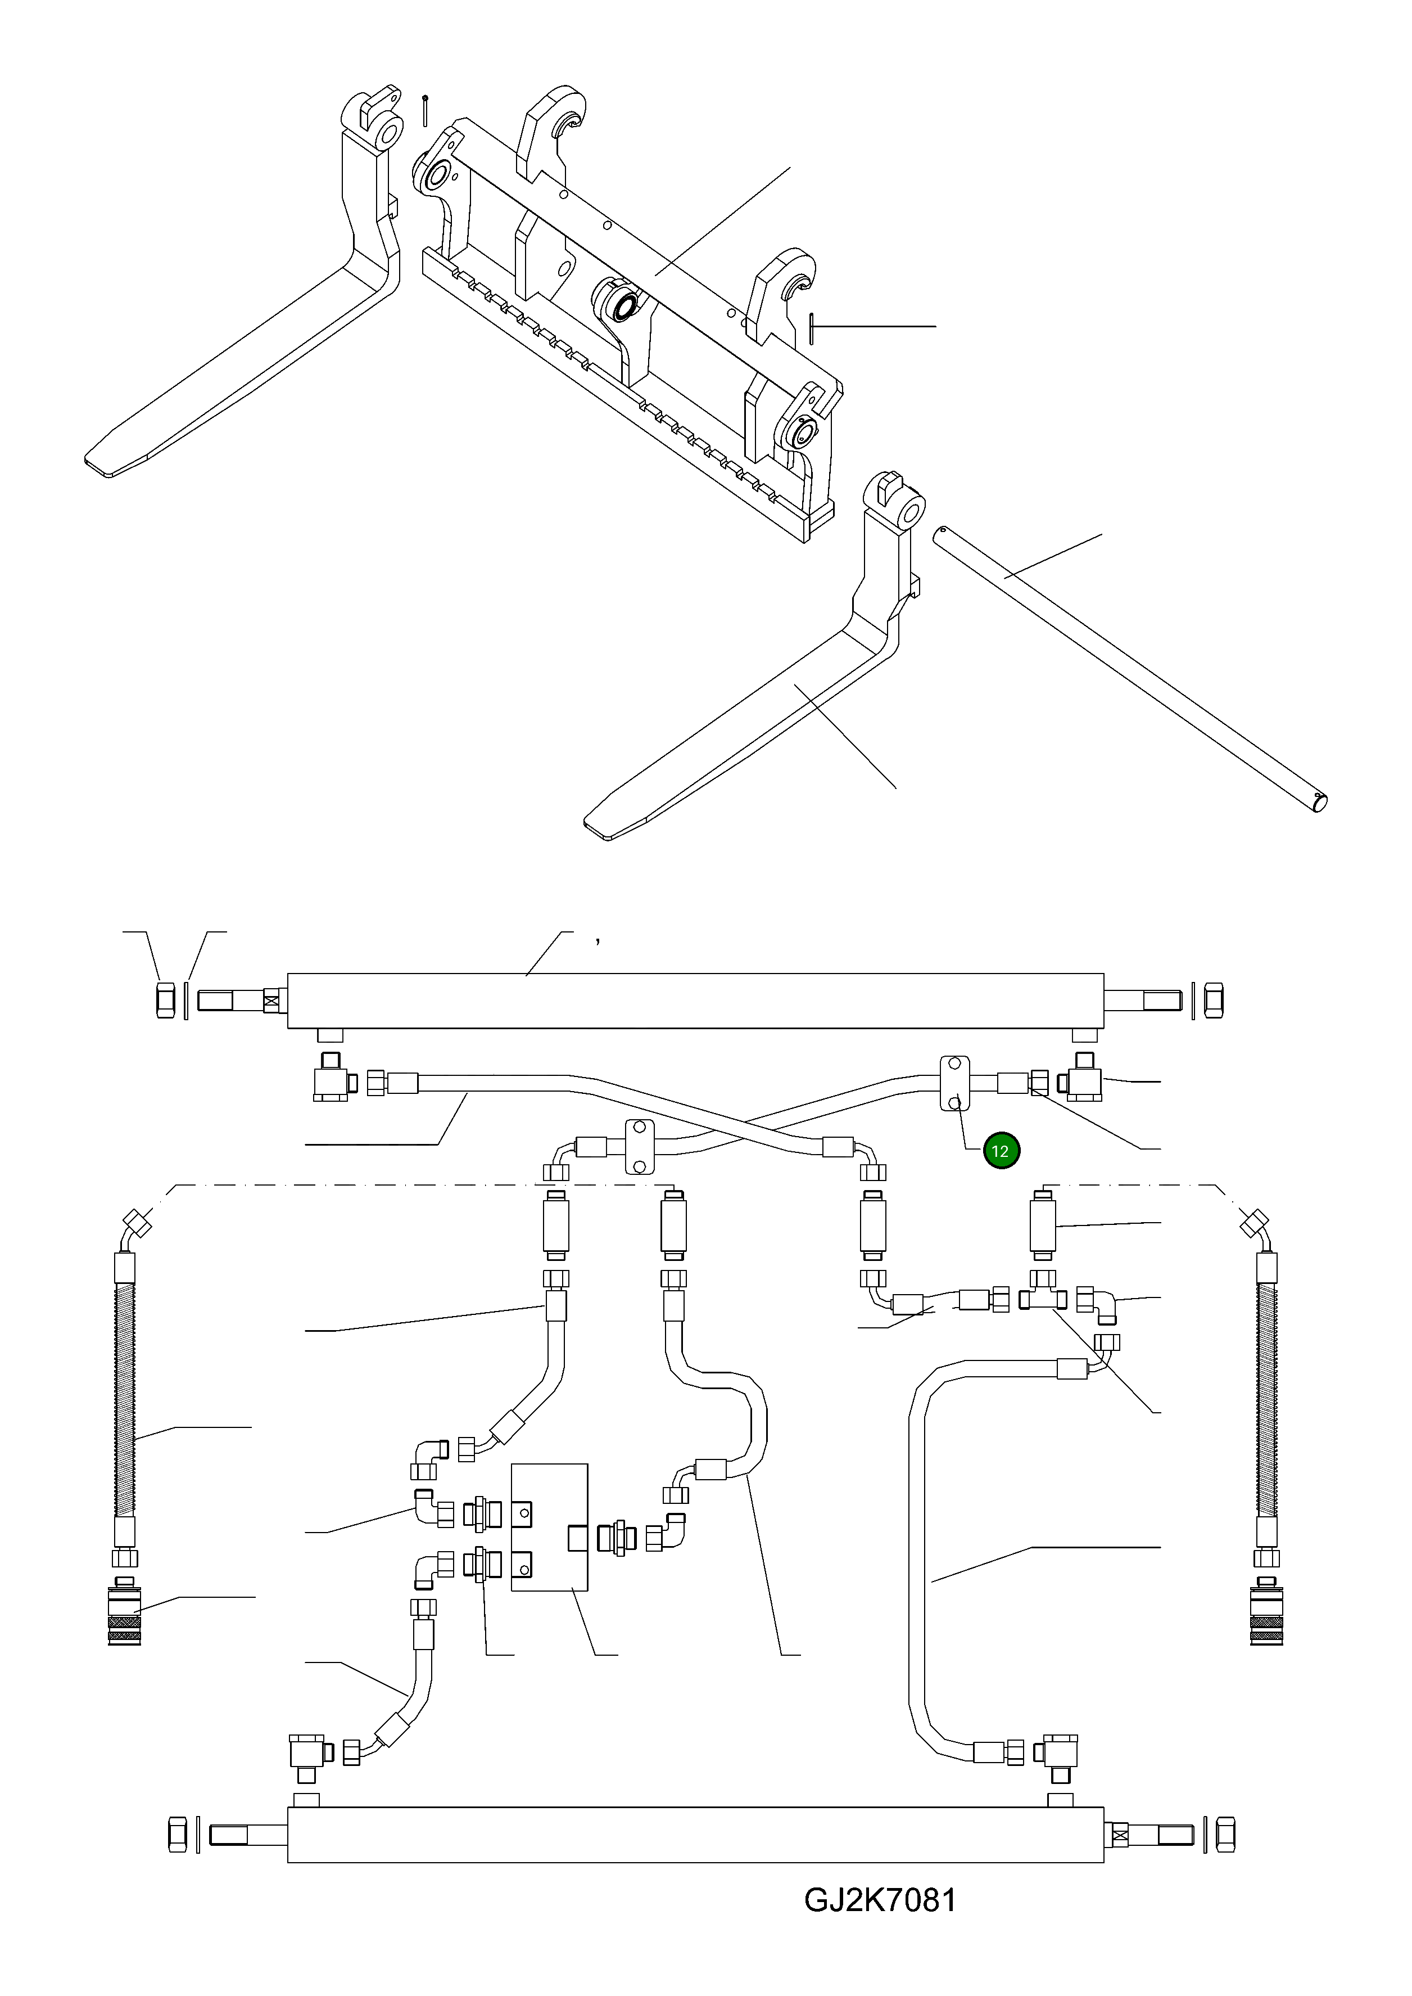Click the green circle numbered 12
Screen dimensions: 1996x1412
pyautogui.click(x=1001, y=1151)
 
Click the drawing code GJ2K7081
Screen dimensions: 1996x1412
pyautogui.click(x=880, y=1925)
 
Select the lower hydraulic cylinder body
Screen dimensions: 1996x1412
pyautogui.click(x=695, y=1835)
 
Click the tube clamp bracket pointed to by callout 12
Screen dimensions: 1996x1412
pyautogui.click(x=954, y=1084)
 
